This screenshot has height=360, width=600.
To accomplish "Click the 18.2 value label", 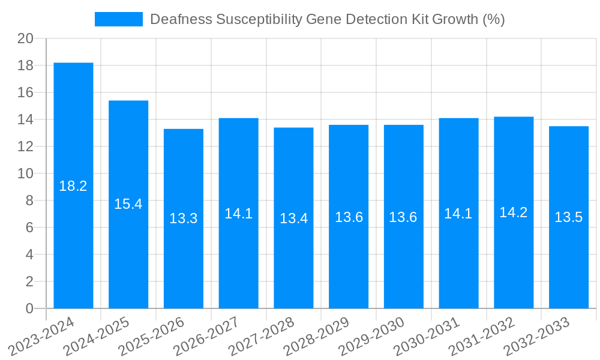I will [x=73, y=186].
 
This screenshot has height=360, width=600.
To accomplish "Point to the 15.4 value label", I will [x=128, y=204].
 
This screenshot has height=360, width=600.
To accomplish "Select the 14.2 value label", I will [x=514, y=212].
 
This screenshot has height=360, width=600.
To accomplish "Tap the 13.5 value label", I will [x=569, y=217].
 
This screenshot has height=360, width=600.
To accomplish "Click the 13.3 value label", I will [x=184, y=218].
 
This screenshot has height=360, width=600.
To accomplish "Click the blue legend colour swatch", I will [x=119, y=19].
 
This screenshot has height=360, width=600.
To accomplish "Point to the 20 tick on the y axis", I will [x=25, y=39].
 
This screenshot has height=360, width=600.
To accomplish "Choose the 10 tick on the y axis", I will [x=25, y=173].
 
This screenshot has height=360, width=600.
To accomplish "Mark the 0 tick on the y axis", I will [x=29, y=308].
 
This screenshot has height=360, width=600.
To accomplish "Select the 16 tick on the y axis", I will [x=25, y=92].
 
